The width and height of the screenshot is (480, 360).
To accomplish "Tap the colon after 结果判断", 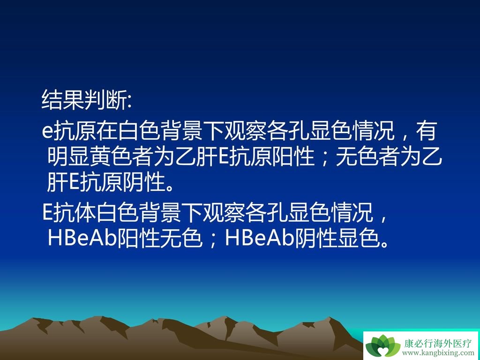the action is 129,102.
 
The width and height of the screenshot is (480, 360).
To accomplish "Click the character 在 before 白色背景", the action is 105,131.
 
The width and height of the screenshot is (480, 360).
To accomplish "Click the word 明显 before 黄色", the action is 69,157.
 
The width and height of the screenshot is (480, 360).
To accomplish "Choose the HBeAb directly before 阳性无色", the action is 82,238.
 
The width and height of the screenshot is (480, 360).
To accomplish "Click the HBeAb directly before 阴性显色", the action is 259,238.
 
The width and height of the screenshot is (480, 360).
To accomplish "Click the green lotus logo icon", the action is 382,345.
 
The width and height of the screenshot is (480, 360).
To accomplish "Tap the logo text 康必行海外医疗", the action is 438,343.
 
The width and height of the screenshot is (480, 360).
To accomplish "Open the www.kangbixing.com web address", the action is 438,353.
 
